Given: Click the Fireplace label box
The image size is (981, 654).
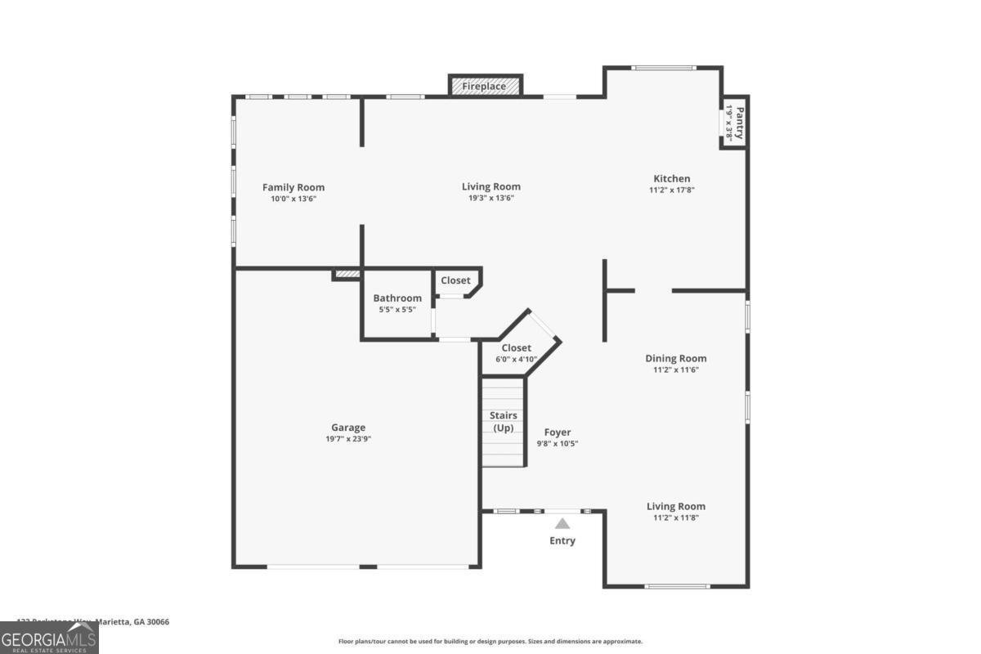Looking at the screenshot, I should [485, 86].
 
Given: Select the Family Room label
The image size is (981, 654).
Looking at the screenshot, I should [293, 187].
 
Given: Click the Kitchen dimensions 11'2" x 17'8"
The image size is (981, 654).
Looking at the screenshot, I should [671, 190].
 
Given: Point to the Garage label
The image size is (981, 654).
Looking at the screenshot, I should [348, 428].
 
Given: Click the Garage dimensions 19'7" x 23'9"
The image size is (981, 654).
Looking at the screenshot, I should [348, 439].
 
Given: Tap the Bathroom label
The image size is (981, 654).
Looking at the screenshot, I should [397, 298].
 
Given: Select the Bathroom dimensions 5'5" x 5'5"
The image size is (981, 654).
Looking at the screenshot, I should [397, 310].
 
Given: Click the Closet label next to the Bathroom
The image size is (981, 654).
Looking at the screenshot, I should [455, 280].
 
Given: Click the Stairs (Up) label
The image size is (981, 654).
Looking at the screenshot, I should [503, 422].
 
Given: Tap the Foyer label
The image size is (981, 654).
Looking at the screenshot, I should [558, 432].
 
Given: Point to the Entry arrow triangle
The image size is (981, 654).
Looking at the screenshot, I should [562, 524].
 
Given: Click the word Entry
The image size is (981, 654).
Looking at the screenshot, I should [562, 540].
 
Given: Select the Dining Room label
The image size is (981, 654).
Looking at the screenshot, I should [675, 358].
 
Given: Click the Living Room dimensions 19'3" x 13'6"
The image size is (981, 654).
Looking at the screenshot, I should [490, 198].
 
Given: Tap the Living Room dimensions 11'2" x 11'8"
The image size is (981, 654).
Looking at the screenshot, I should [675, 517].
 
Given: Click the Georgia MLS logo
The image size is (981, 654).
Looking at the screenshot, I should [49, 638].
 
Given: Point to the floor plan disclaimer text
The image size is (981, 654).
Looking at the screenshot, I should [490, 642].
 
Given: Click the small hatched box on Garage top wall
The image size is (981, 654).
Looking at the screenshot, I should [347, 275].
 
